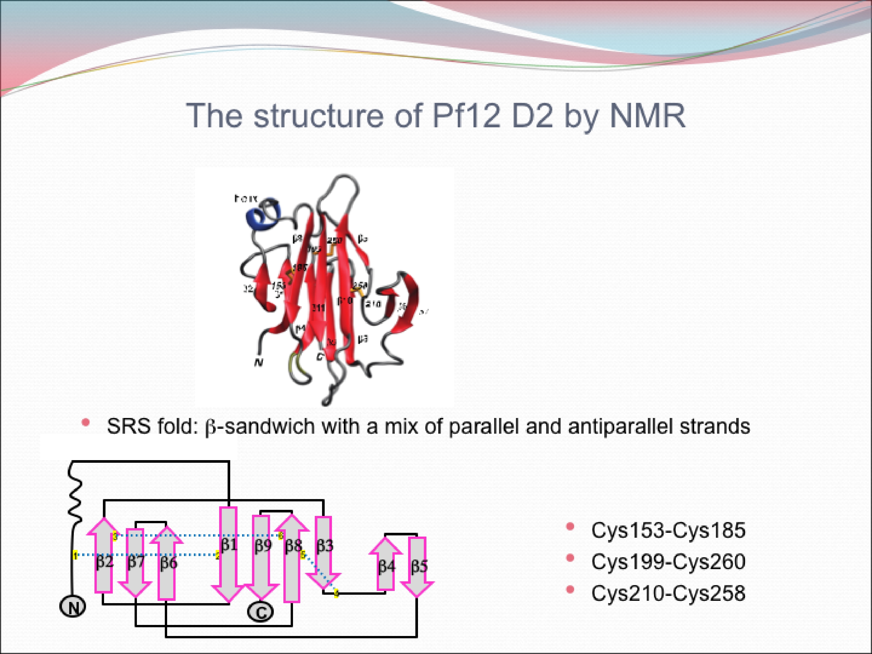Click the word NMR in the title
[x=647, y=116]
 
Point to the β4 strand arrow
[x=386, y=568]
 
